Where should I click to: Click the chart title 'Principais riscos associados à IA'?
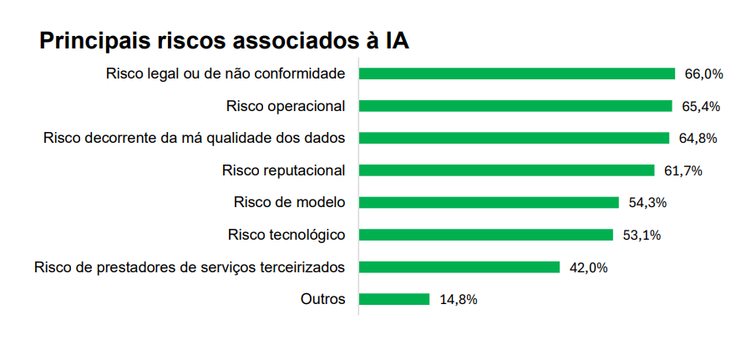pyautogui.click(x=224, y=41)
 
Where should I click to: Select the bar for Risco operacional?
pyautogui.click(x=515, y=106)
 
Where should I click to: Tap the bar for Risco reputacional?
pyautogui.click(x=506, y=170)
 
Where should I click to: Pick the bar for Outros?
pyautogui.click(x=394, y=299)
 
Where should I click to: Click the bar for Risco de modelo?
pyautogui.click(x=489, y=202)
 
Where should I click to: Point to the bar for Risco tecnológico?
pyautogui.click(x=486, y=235)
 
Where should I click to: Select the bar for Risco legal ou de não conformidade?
pyautogui.click(x=516, y=74)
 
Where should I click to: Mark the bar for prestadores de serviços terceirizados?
pyautogui.click(x=459, y=267)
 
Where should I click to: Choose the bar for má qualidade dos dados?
pyautogui.click(x=514, y=138)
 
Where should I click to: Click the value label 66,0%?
pyautogui.click(x=703, y=74)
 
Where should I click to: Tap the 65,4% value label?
pyautogui.click(x=701, y=107)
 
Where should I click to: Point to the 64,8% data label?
pyautogui.click(x=698, y=139)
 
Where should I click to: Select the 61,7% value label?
pyautogui.click(x=682, y=171)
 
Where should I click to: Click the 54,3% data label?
pyautogui.click(x=647, y=203)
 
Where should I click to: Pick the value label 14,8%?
pyautogui.click(x=458, y=300)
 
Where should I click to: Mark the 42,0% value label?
pyautogui.click(x=588, y=268)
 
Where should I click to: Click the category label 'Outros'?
pyautogui.click(x=322, y=299)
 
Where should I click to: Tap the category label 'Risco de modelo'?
pyautogui.click(x=290, y=202)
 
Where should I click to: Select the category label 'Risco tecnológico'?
pyautogui.click(x=287, y=235)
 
